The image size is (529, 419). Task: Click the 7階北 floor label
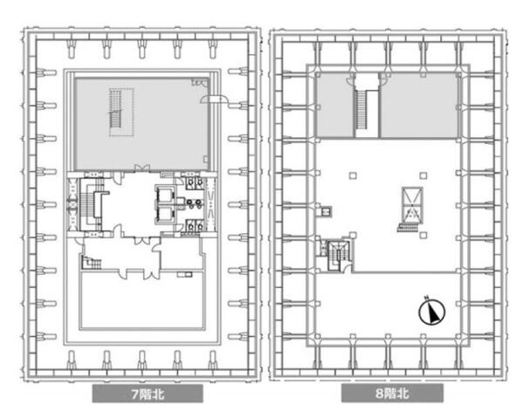tap(147, 394)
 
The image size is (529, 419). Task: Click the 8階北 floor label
tap(392, 394)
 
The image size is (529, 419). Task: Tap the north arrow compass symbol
tap(432, 313)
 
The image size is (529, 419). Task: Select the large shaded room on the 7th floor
tap(142, 124)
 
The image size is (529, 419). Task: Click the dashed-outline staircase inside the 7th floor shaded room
tap(121, 113)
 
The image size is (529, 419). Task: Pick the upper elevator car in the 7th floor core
tap(166, 194)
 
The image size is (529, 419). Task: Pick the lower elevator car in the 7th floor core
tap(166, 214)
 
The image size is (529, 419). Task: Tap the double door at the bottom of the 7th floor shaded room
tap(142, 168)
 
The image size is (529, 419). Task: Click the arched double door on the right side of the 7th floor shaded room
tap(214, 99)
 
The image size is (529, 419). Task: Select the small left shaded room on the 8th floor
tap(335, 105)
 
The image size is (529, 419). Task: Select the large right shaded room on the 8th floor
tap(418, 105)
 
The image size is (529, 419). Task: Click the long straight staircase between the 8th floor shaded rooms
tap(362, 109)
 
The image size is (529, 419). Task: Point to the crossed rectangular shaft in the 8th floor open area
tap(412, 204)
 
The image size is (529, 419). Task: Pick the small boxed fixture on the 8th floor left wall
tap(326, 211)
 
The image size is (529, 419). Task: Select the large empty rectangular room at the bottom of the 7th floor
tap(142, 300)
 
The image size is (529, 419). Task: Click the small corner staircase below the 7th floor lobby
tap(92, 262)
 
